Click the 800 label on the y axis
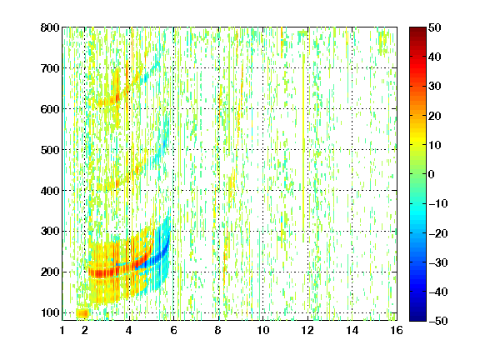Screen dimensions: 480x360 coord(50,27)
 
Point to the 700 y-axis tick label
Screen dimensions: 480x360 coord(50,68)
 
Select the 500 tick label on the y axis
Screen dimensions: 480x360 coord(50,150)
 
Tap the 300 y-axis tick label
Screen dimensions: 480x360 coord(50,232)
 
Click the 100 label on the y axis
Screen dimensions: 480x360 coord(50,312)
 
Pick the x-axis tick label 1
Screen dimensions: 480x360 coord(62,330)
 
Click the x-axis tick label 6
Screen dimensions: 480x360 coord(173,330)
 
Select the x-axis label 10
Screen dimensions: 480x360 coord(263,330)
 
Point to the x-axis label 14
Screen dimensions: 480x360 coord(352,330)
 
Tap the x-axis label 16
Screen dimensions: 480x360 coord(397,330)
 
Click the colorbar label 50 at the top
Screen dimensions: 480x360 coord(435,27)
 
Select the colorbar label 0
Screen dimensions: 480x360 coord(432,174)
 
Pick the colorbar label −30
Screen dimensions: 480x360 coord(438,262)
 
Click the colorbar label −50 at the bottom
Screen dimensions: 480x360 coord(438,321)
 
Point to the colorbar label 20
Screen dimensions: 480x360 coord(435,116)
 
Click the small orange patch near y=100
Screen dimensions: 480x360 coord(82,313)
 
